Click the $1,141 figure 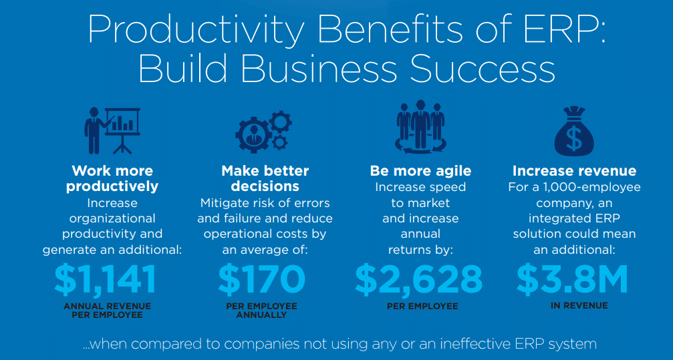pyautogui.click(x=105, y=279)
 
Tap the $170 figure pyautogui.click(x=261, y=279)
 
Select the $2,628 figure pyautogui.click(x=418, y=279)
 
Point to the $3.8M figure pyautogui.click(x=572, y=279)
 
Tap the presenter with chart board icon pyautogui.click(x=112, y=130)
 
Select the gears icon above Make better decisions pyautogui.click(x=263, y=130)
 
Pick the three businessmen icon pyautogui.click(x=420, y=128)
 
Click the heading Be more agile pyautogui.click(x=420, y=171)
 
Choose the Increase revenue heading pyautogui.click(x=574, y=171)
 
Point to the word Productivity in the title pyautogui.click(x=188, y=31)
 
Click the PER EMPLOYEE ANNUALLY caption pyautogui.click(x=261, y=311)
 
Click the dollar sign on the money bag pyautogui.click(x=574, y=138)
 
